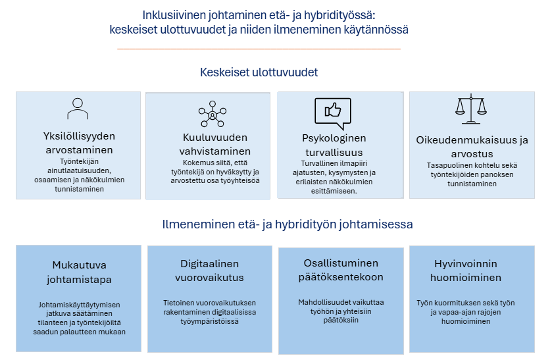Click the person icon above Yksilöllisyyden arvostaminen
78,109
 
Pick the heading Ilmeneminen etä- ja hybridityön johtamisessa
288,224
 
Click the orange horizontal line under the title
259,49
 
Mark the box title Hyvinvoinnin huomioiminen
468,269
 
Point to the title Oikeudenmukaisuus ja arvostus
472,146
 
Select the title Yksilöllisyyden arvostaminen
79,143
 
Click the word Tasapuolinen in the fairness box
447,166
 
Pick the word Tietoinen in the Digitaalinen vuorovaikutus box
179,303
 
